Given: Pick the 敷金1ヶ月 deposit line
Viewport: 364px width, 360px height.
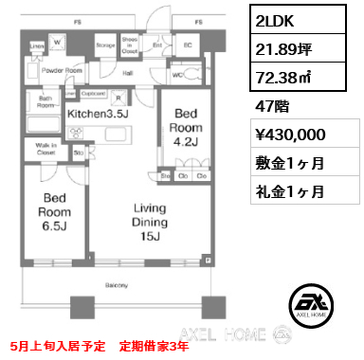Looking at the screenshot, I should (x=290, y=163).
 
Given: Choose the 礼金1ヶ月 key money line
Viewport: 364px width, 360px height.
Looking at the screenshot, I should (x=290, y=189).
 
